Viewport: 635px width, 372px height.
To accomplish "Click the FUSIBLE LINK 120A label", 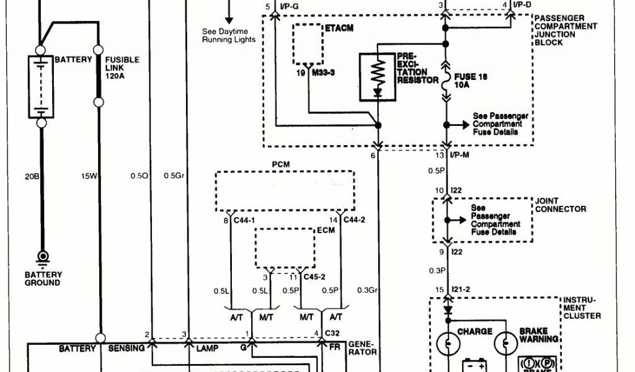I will pyautogui.click(x=126, y=67).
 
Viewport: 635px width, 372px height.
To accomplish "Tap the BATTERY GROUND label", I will pyautogui.click(x=43, y=278).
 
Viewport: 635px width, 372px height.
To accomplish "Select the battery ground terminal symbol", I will pyautogui.click(x=43, y=255).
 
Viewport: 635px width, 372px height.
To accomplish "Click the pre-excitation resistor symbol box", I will pyautogui.click(x=376, y=77).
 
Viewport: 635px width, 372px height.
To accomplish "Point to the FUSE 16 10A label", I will pyautogui.click(x=470, y=81).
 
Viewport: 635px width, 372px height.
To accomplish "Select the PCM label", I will pyautogui.click(x=281, y=164).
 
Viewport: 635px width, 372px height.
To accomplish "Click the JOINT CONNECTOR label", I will pyautogui.click(x=560, y=205).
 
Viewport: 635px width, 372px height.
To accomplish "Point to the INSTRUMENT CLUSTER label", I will pyautogui.click(x=582, y=308).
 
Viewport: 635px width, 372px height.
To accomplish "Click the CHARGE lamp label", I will pyautogui.click(x=475, y=332).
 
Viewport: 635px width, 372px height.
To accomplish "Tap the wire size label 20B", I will pyautogui.click(x=32, y=176).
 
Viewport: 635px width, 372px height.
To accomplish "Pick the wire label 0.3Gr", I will pyautogui.click(x=368, y=290).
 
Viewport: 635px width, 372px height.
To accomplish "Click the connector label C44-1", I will pyautogui.click(x=244, y=220).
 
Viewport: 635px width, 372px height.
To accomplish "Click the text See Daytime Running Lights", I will pyautogui.click(x=229, y=35).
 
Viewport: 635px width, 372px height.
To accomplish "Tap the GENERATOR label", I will pyautogui.click(x=363, y=347).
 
